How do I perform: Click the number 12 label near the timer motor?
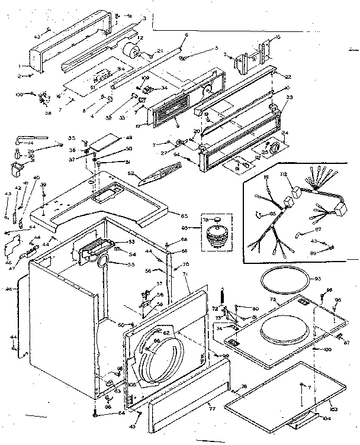(140, 39)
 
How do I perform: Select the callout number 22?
(288, 77)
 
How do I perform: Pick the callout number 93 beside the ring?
(317, 279)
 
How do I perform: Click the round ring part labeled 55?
(101, 259)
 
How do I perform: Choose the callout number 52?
(131, 174)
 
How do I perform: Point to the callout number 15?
(278, 37)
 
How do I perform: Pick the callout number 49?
(129, 138)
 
